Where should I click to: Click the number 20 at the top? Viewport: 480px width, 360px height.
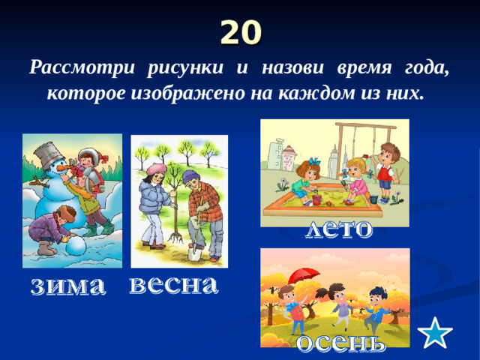[241, 32]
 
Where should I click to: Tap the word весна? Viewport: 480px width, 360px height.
[173, 286]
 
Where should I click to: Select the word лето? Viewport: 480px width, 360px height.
[338, 229]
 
